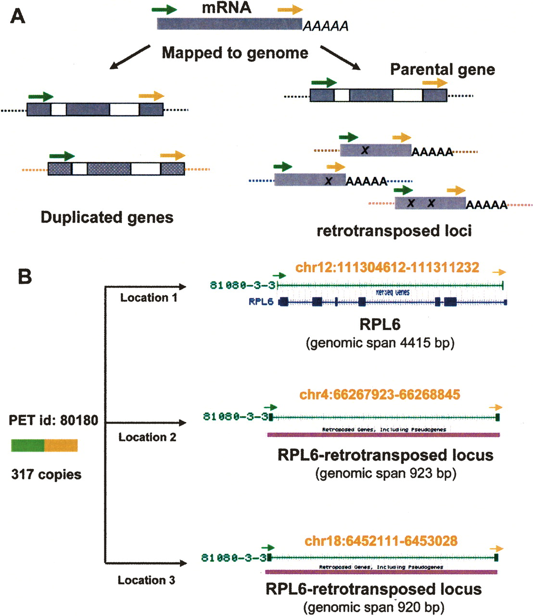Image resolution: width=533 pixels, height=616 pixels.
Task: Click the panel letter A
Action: point(17,17)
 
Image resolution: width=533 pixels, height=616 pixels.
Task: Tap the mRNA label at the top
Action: point(226,8)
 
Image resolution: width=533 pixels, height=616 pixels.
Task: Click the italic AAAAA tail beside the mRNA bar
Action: point(325,26)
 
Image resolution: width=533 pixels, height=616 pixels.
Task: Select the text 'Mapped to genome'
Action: point(235,52)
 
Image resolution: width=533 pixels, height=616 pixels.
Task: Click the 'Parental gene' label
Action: point(442,70)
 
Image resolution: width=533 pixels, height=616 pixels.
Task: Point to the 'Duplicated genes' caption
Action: point(107,218)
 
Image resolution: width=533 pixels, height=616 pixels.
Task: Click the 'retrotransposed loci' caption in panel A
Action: point(394,231)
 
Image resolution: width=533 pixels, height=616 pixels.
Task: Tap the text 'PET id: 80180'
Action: point(53,421)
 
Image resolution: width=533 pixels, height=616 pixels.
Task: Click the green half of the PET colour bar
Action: point(28,445)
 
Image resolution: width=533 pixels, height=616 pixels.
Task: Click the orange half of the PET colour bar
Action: point(61,445)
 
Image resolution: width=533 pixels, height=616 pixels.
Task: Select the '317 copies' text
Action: point(46,475)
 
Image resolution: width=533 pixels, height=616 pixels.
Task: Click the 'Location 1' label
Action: point(149,298)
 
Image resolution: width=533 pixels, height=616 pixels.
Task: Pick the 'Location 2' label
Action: point(147,437)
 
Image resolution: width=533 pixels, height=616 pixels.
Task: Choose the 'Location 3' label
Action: point(146,580)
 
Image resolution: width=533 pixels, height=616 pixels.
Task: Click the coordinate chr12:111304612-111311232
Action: point(387,268)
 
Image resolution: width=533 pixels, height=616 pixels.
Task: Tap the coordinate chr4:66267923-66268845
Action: point(380,395)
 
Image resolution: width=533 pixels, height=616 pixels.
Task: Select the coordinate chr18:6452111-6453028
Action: point(381,541)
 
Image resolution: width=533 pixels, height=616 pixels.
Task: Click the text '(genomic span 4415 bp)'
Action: point(380,343)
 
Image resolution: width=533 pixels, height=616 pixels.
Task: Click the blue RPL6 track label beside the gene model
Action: point(261,302)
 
